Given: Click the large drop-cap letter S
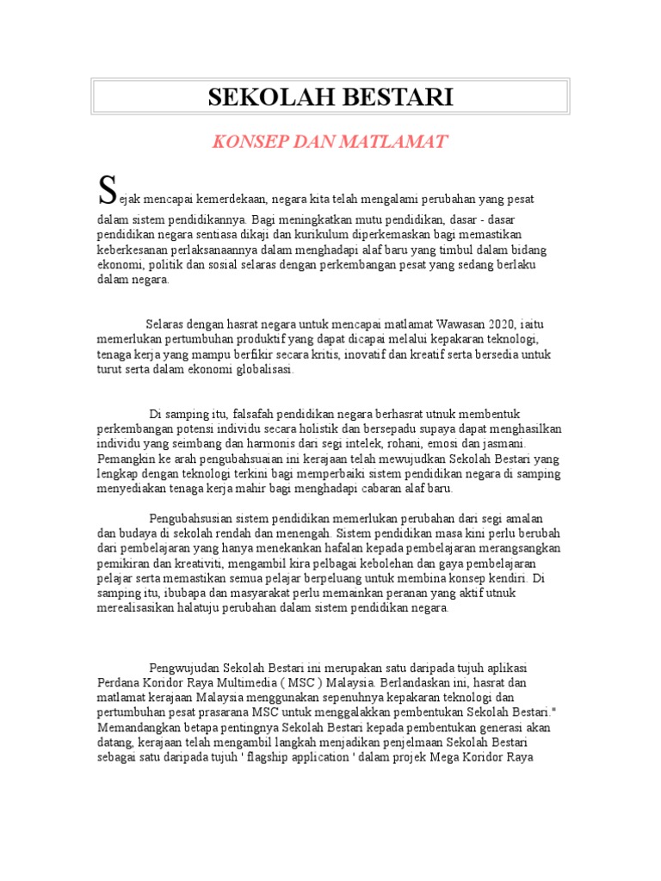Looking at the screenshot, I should (106, 188).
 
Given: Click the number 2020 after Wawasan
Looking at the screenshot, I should (501, 324).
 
